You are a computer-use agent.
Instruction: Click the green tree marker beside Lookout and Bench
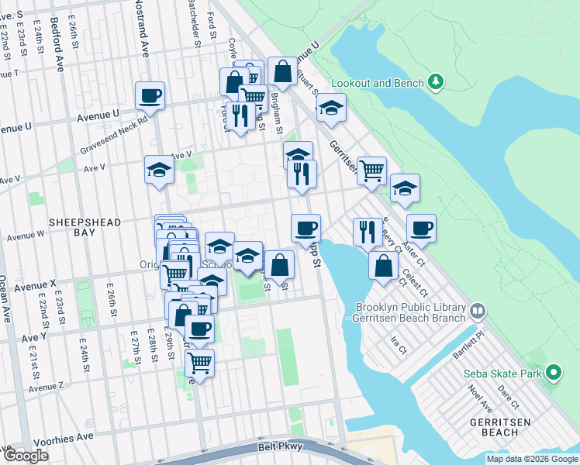pyautogui.click(x=437, y=82)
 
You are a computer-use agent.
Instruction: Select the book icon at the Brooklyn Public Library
pyautogui.click(x=478, y=312)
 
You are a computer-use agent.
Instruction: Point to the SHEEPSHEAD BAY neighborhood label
pyautogui.click(x=85, y=227)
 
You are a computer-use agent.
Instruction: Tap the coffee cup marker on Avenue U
pyautogui.click(x=150, y=97)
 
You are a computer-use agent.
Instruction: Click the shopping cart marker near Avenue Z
pyautogui.click(x=200, y=362)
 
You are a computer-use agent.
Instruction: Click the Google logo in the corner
pyautogui.click(x=26, y=456)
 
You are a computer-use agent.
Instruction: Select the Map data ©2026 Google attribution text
pyautogui.click(x=531, y=459)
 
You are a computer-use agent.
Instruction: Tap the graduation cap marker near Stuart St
pyautogui.click(x=331, y=108)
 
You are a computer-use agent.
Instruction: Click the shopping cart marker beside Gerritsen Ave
pyautogui.click(x=372, y=170)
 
